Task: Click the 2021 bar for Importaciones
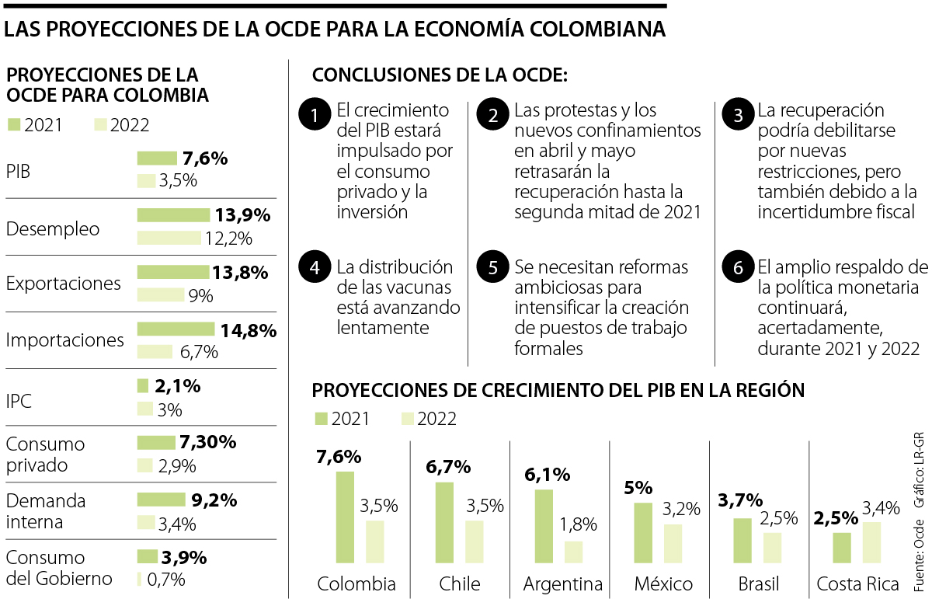176,329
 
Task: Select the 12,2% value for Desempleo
229,239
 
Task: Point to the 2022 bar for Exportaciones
161,295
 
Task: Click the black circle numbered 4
315,267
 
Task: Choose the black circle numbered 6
737,267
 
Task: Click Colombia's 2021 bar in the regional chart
345,517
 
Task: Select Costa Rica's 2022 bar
871,542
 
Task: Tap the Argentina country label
563,583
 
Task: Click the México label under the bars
662,583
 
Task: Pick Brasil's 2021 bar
742,540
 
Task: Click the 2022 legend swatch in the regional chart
407,419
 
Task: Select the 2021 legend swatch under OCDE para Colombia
14,125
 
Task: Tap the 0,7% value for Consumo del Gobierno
166,579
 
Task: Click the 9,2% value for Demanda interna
214,500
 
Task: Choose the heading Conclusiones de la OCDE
440,75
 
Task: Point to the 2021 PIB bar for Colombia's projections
157,158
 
